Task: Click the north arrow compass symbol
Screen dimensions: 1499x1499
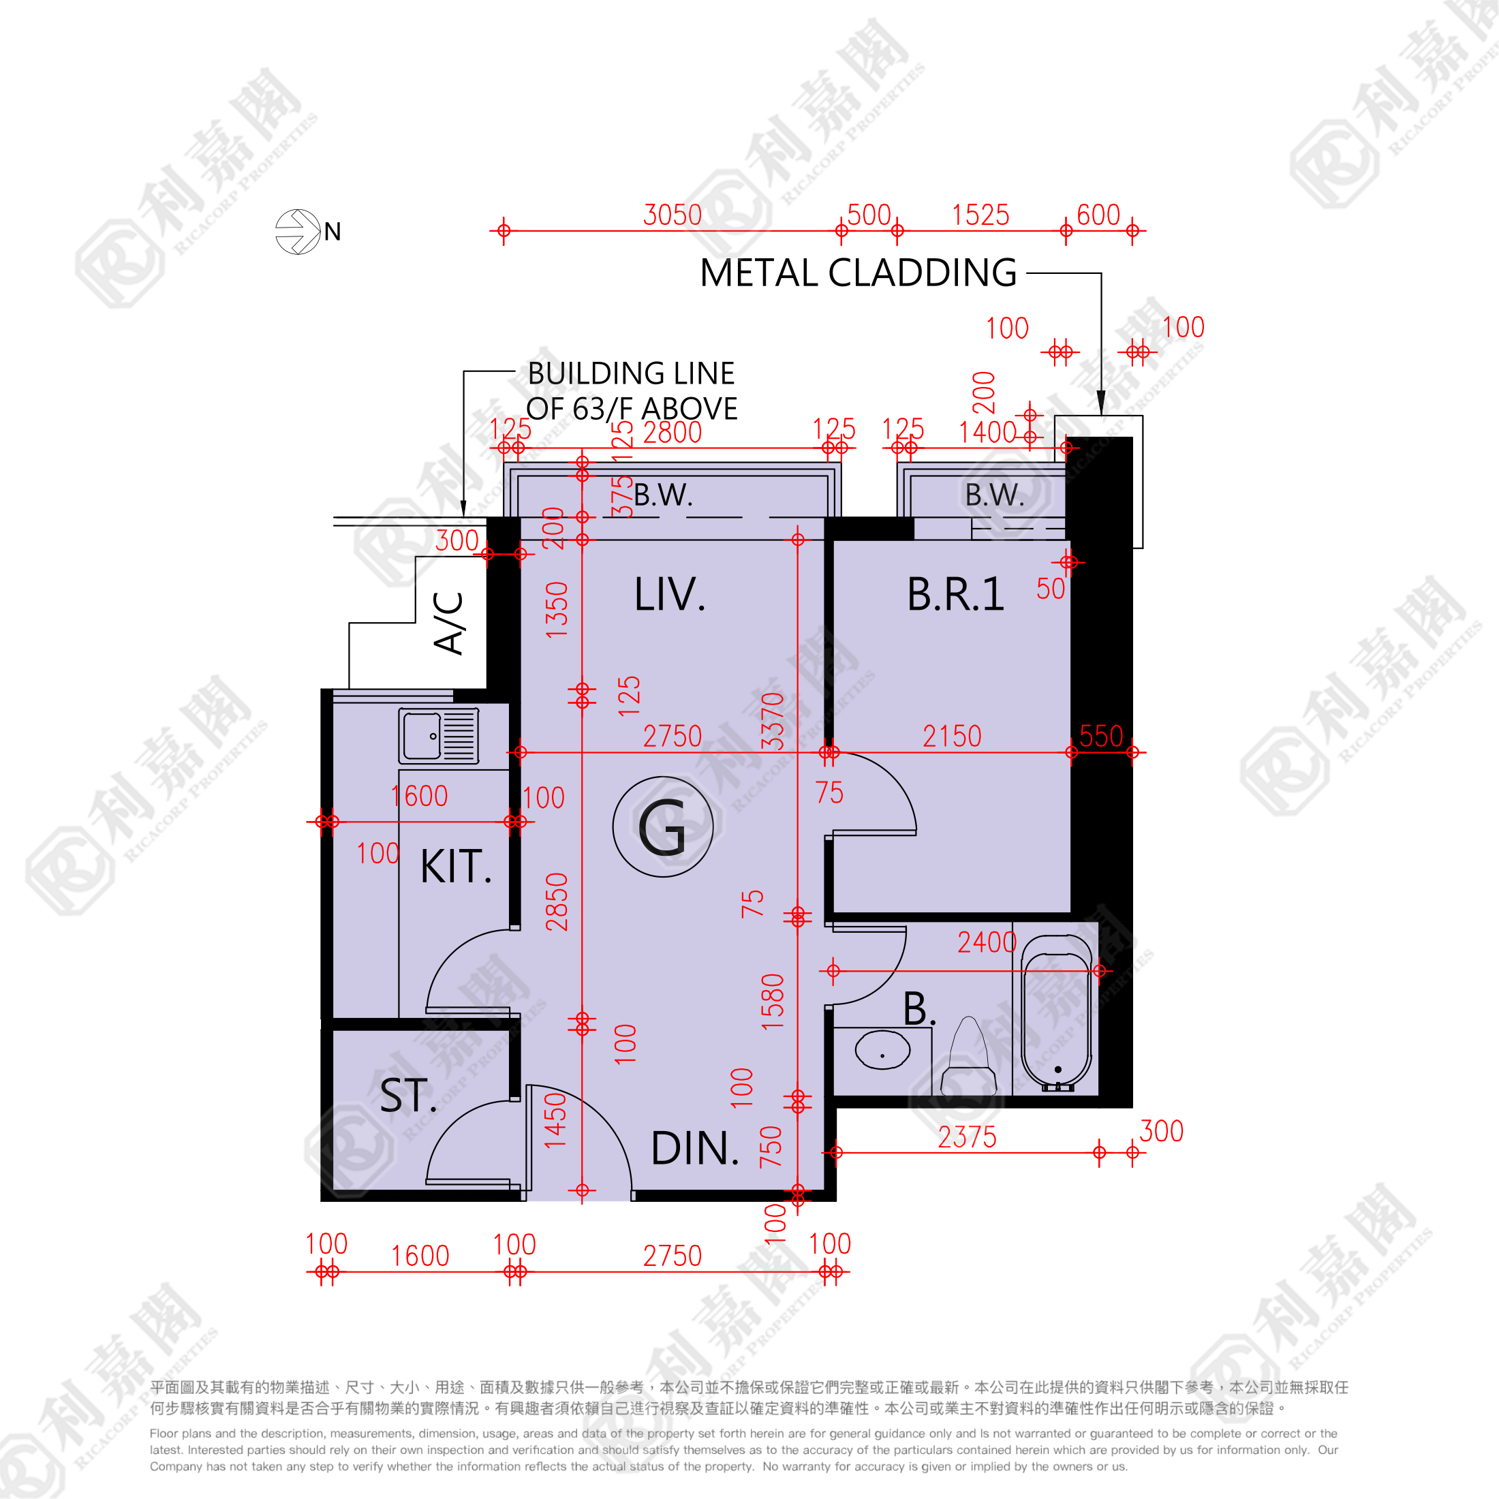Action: pos(298,231)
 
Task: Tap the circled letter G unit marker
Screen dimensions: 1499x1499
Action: pos(662,827)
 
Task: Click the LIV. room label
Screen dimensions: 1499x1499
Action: pos(670,595)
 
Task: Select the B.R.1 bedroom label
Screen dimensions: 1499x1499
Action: pos(955,595)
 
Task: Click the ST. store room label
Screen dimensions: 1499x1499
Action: pos(408,1096)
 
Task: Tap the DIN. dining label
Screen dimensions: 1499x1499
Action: pos(694,1148)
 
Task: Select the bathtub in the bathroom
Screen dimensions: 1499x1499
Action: pos(1056,1012)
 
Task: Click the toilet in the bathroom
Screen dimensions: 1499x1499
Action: pos(968,1057)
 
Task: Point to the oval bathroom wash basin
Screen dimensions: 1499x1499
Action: pos(882,1050)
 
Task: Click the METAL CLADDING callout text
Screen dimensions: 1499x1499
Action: pos(858,273)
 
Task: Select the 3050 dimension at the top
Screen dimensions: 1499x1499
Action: pos(672,215)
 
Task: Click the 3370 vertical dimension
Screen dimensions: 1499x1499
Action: pos(773,721)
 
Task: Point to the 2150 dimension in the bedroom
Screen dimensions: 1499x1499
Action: pos(951,736)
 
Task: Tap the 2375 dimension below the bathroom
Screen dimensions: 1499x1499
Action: pos(967,1137)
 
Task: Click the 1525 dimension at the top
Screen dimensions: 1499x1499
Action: pos(980,215)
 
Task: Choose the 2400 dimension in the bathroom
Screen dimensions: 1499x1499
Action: pos(986,942)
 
